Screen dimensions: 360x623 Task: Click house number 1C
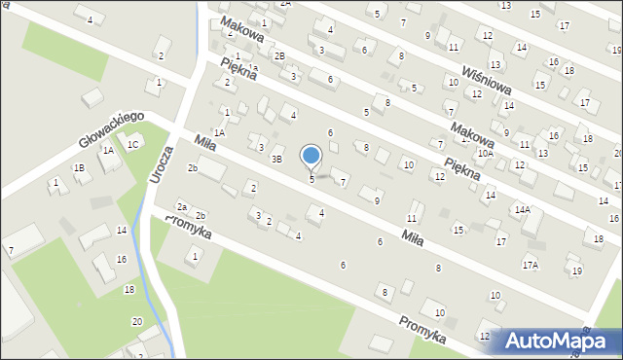tap(133, 145)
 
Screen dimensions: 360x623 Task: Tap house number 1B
tap(80, 167)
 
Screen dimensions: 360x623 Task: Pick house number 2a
tap(181, 206)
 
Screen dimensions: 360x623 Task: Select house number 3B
tap(276, 159)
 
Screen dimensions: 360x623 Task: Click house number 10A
tap(485, 154)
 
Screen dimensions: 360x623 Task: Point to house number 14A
tap(522, 209)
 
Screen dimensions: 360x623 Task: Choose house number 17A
tap(530, 264)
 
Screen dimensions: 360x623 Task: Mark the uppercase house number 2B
tap(278, 56)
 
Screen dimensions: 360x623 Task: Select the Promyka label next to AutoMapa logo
tap(422, 329)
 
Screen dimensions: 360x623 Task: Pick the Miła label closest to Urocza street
tap(204, 143)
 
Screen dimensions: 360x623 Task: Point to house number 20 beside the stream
tap(136, 321)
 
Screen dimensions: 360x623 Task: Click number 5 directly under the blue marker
tap(311, 179)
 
